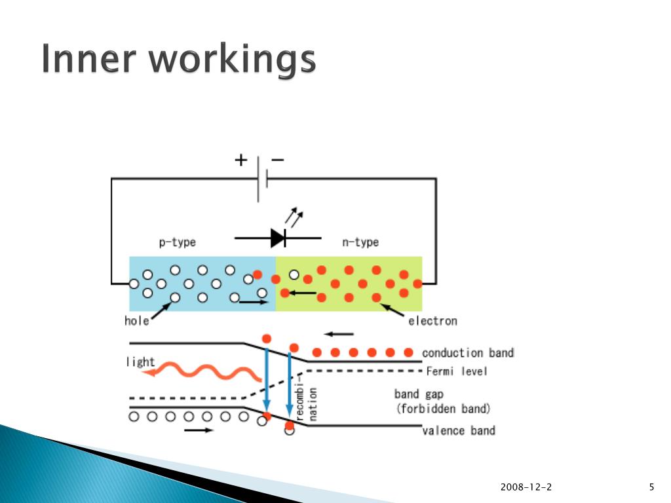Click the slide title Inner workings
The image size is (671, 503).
tap(178, 60)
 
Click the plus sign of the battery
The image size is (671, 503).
tap(241, 160)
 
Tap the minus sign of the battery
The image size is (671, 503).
tap(278, 159)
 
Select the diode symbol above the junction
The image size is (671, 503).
tap(278, 238)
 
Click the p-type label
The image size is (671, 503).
tap(177, 242)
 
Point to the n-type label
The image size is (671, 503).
tap(360, 242)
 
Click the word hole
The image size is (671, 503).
tap(136, 321)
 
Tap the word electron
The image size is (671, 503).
tap(432, 321)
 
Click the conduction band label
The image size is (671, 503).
tap(468, 353)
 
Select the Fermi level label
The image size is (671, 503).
tap(457, 372)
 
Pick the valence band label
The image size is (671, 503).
tap(459, 430)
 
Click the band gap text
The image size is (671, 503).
tap(417, 394)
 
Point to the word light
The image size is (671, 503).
tap(140, 362)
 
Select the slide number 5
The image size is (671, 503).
tap(651, 487)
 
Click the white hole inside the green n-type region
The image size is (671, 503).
tap(294, 274)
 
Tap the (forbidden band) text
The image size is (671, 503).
tap(442, 409)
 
